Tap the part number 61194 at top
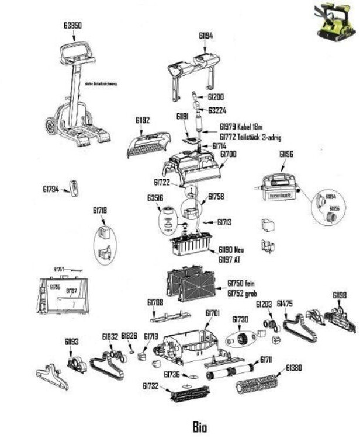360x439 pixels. tap(206, 36)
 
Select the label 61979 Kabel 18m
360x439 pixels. tap(241, 127)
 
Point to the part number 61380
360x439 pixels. tap(294, 368)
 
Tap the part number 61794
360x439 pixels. tap(51, 188)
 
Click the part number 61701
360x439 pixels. tap(213, 313)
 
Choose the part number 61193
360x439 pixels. tap(71, 340)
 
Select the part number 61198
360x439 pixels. tap(340, 295)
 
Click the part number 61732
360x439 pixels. tap(151, 386)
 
